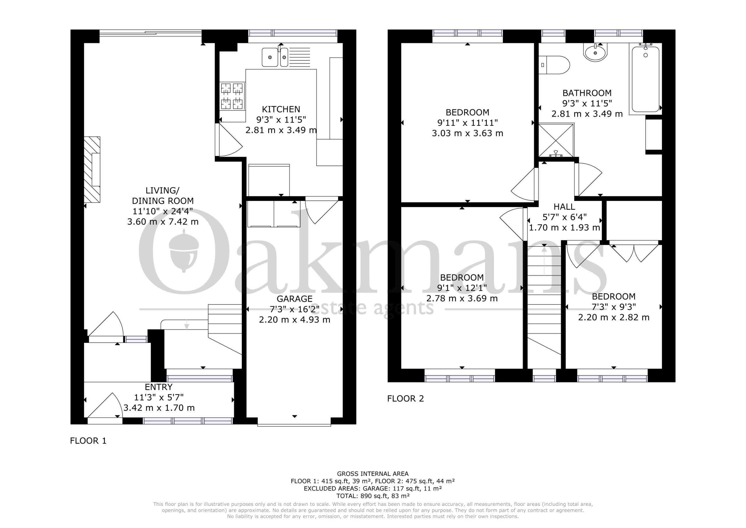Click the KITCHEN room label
(281, 109)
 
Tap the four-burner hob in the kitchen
(232, 96)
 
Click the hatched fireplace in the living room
(92, 169)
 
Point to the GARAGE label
(294, 299)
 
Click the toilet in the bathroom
(554, 65)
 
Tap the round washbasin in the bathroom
(595, 53)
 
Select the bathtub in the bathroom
(645, 79)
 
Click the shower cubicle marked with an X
(556, 140)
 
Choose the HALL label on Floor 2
(564, 206)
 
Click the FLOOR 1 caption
(88, 441)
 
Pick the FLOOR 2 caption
(405, 399)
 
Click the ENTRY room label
(159, 387)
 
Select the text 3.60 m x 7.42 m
(163, 222)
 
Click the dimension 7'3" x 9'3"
(613, 307)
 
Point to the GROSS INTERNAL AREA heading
(373, 474)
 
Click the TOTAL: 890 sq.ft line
(373, 496)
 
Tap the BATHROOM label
(587, 93)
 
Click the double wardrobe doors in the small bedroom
(633, 253)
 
